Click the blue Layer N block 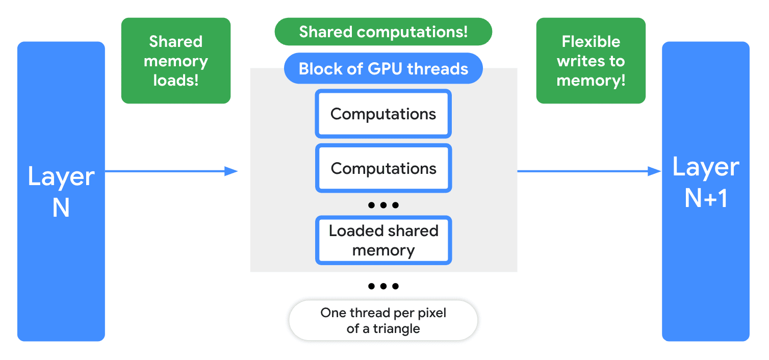click(61, 191)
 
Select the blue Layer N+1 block click(705, 191)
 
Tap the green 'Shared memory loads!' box click(175, 61)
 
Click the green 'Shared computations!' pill click(383, 32)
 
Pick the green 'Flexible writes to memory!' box click(591, 61)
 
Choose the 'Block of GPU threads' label click(383, 68)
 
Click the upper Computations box click(383, 114)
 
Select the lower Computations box click(383, 168)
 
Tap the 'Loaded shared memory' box click(383, 241)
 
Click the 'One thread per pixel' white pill click(383, 321)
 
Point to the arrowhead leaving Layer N click(232, 171)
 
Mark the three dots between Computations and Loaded click(383, 205)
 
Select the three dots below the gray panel click(383, 286)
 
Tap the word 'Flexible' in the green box click(591, 41)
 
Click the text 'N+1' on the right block click(705, 197)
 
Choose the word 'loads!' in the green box click(175, 80)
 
